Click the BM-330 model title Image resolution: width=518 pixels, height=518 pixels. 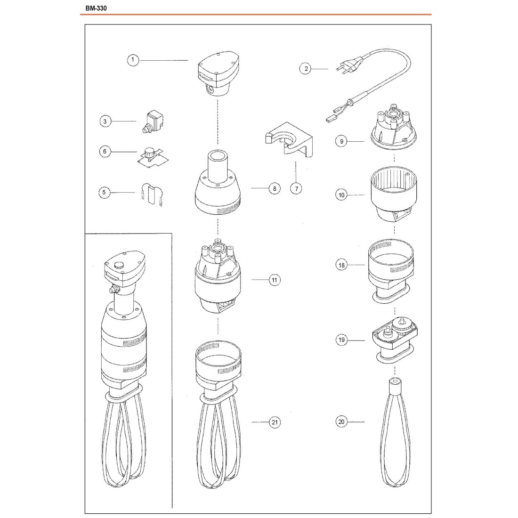coord(96,8)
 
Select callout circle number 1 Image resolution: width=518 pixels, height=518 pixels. coord(133,60)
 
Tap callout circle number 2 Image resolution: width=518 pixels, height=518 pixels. coord(306,69)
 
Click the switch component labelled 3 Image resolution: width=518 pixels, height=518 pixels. coord(154,121)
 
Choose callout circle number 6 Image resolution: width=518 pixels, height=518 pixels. coord(105,152)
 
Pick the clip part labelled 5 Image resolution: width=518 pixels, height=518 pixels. coord(152,194)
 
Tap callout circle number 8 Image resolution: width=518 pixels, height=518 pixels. coord(275,189)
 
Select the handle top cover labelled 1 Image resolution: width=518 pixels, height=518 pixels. coord(218,73)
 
